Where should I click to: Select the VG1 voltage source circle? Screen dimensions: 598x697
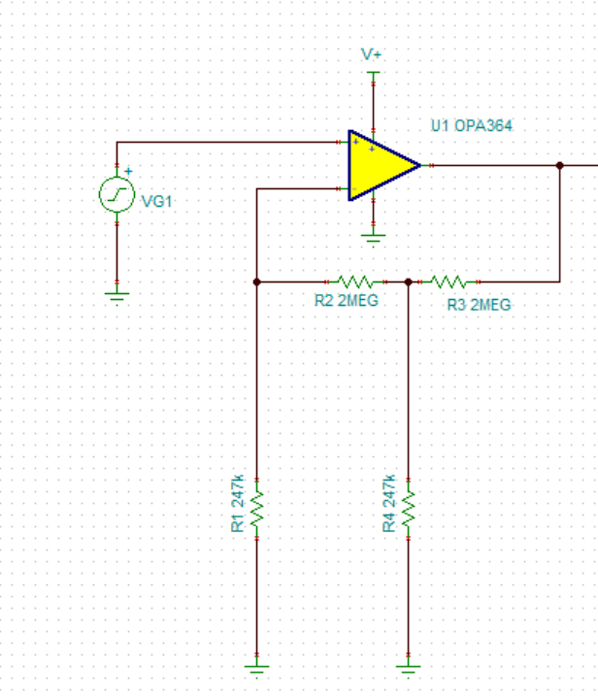(x=116, y=194)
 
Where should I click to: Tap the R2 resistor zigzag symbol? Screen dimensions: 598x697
(x=355, y=282)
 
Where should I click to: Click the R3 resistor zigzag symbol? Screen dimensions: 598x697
(x=448, y=282)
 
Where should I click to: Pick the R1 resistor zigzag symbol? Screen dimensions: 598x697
(x=257, y=509)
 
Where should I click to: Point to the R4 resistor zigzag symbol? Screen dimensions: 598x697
(x=408, y=509)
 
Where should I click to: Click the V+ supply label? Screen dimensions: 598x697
(x=371, y=54)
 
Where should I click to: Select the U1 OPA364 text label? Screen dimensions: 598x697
(x=472, y=126)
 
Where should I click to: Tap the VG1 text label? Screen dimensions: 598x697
(x=156, y=201)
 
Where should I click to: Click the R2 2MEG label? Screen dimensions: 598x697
(x=347, y=301)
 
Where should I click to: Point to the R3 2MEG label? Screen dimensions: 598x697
(x=480, y=305)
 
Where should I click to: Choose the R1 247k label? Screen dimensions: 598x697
(x=238, y=504)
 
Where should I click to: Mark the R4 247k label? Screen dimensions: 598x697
(x=389, y=504)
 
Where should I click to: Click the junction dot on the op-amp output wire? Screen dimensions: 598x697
(x=560, y=165)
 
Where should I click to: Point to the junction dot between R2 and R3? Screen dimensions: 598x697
(x=408, y=282)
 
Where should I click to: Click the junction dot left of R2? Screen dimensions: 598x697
(x=256, y=282)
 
